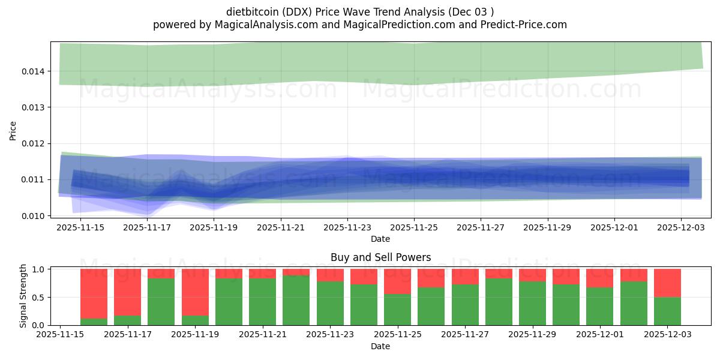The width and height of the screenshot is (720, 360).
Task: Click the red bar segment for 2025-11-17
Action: pyautogui.click(x=127, y=292)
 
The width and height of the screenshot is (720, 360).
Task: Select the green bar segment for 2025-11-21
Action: pyautogui.click(x=262, y=302)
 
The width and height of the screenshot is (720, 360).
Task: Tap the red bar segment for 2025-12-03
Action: pyautogui.click(x=667, y=283)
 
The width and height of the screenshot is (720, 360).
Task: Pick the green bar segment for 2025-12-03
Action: pyautogui.click(x=667, y=311)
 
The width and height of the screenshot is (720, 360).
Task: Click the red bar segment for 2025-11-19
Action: pyautogui.click(x=195, y=292)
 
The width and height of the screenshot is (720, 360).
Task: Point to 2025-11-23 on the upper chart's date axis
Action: pyautogui.click(x=347, y=228)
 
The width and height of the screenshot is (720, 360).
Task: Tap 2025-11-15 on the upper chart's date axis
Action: pyautogui.click(x=80, y=228)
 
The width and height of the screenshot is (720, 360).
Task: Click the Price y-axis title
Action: pyautogui.click(x=13, y=130)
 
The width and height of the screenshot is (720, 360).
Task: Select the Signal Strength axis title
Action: pyautogui.click(x=23, y=296)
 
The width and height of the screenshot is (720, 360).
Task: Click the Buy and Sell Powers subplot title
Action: pyautogui.click(x=380, y=257)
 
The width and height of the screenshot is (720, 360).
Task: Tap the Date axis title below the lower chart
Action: pyautogui.click(x=380, y=346)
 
